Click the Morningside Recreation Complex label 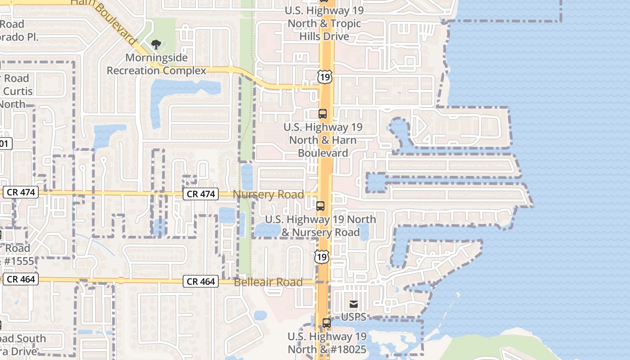click(x=156, y=64)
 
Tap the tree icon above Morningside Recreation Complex click(x=156, y=44)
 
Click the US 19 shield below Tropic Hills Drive click(x=324, y=76)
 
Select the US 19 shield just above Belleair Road click(x=321, y=256)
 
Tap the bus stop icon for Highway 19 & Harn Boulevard click(x=323, y=113)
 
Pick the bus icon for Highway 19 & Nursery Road click(x=320, y=206)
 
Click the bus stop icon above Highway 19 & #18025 click(x=327, y=323)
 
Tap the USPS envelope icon click(x=354, y=305)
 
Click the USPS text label click(x=354, y=317)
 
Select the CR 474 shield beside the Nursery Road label click(x=201, y=194)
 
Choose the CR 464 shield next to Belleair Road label click(x=201, y=282)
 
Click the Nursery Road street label click(x=268, y=195)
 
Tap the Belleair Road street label click(x=268, y=282)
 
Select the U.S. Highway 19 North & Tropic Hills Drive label click(x=324, y=23)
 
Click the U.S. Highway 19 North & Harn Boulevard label click(x=323, y=140)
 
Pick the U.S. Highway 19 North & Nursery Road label click(x=320, y=226)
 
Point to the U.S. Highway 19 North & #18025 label click(x=327, y=343)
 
